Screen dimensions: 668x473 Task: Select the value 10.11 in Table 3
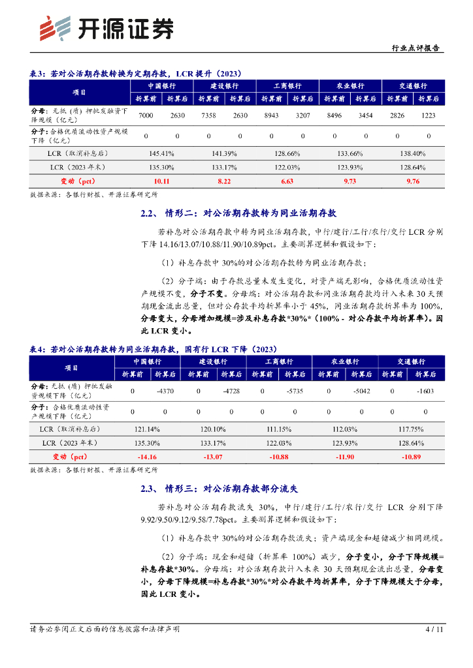(161, 181)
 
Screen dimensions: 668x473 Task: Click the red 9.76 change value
(413, 181)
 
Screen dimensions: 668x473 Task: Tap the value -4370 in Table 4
(165, 391)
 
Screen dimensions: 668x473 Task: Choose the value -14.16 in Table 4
(148, 457)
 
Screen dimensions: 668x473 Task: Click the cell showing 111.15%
(278, 429)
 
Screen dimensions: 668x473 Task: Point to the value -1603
(425, 391)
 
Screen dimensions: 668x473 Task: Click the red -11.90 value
(344, 457)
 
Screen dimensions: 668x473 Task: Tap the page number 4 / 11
(434, 630)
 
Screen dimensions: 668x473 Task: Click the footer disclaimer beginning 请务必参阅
(105, 630)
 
